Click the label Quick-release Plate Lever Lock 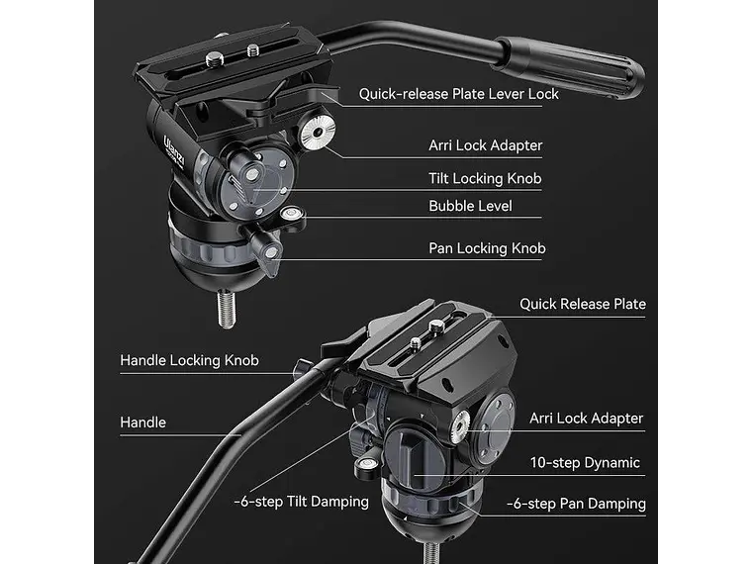[x=458, y=94]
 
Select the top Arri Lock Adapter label [x=485, y=145]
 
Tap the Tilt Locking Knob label [x=485, y=178]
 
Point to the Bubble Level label [x=470, y=207]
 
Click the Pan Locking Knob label [x=487, y=248]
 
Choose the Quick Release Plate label [x=583, y=304]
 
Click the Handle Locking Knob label [x=189, y=360]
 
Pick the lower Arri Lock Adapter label [x=586, y=419]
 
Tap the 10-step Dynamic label [x=585, y=462]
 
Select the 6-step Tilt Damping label [x=301, y=502]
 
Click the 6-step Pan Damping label [x=576, y=504]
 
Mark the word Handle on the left [x=142, y=423]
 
